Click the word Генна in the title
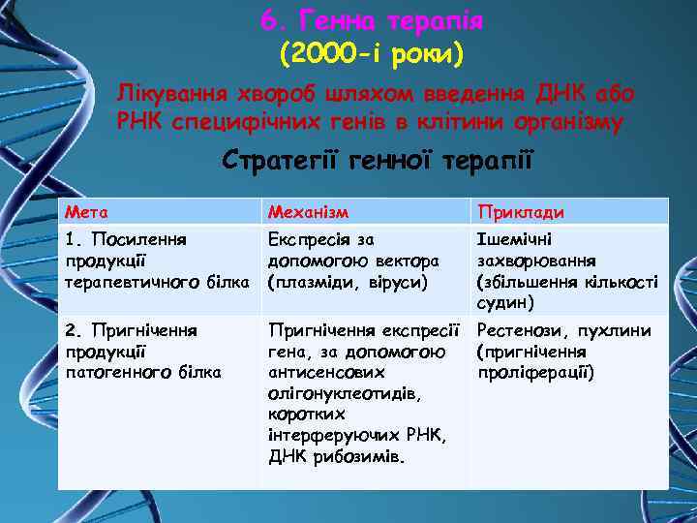(x=338, y=20)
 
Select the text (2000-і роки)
(x=372, y=54)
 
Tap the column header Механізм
(x=308, y=212)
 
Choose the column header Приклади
(x=520, y=212)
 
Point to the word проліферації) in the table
(x=535, y=372)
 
